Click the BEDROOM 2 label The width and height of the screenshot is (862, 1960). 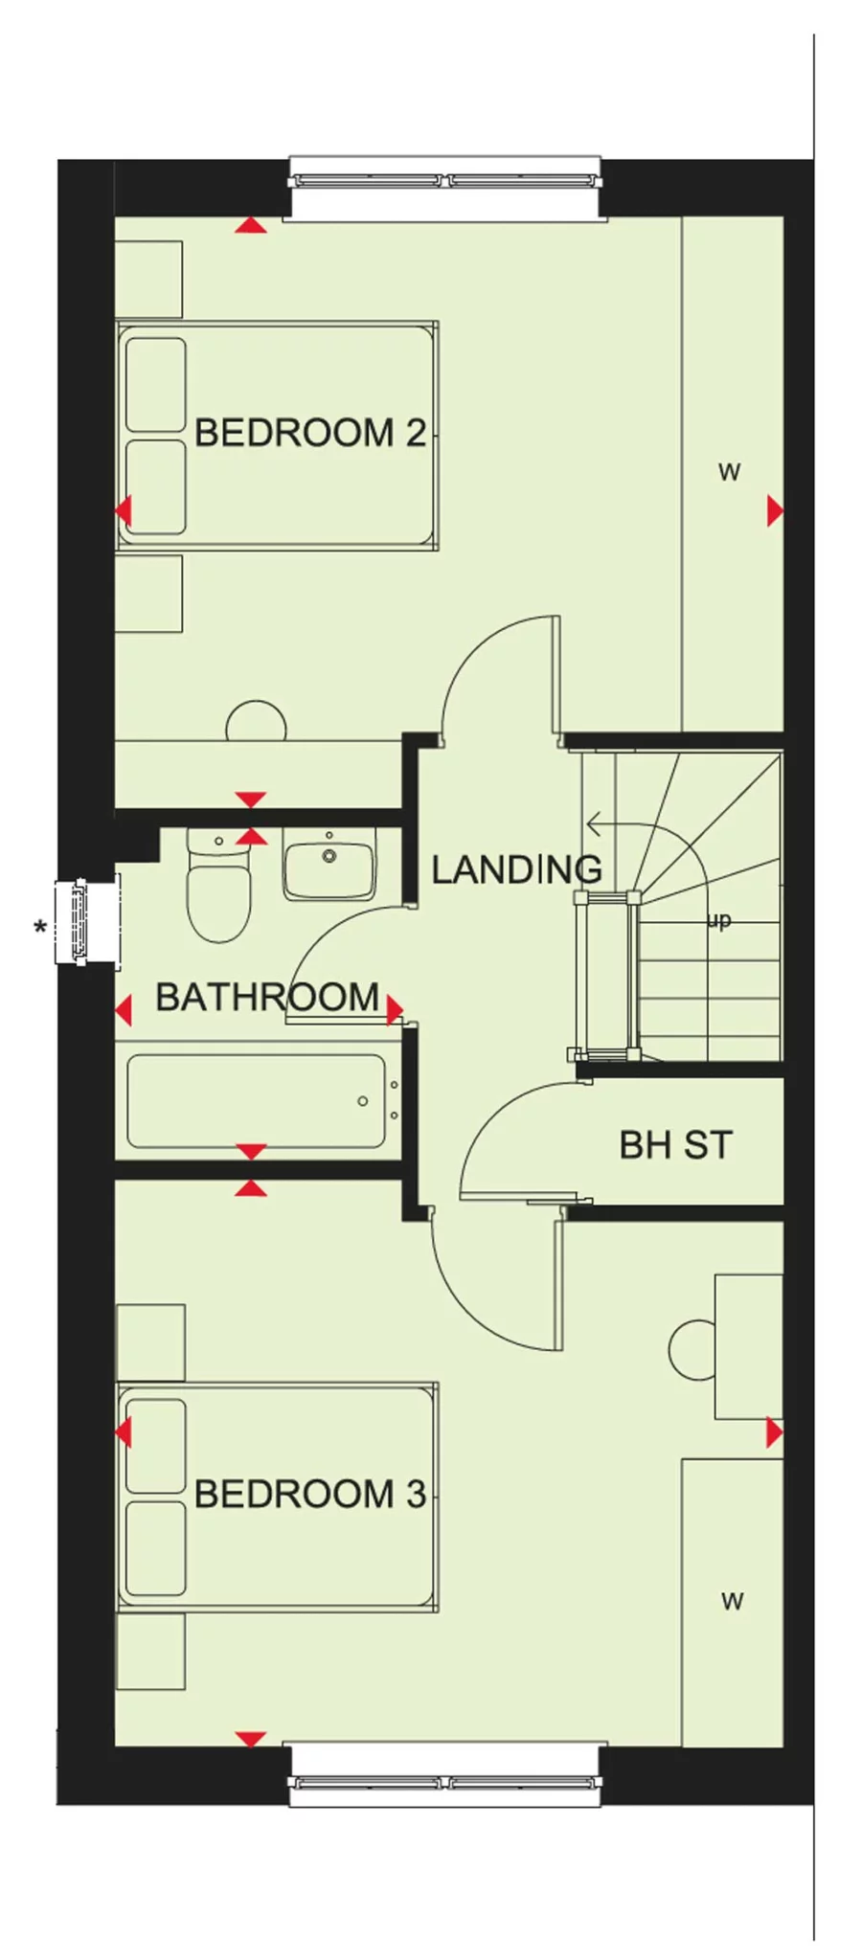pos(308,433)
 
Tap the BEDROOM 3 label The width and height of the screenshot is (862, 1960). pos(308,1494)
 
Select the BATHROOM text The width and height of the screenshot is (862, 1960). pos(266,998)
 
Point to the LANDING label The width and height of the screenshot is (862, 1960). pos(515,869)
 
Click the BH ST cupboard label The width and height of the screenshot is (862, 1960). pos(675,1145)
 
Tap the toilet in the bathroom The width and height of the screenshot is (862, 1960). pos(218,895)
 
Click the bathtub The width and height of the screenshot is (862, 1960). pos(257,1101)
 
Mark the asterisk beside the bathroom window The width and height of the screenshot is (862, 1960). pos(39,928)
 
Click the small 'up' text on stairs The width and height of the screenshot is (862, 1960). pos(718,920)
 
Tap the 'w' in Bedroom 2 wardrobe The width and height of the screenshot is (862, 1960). pos(729,471)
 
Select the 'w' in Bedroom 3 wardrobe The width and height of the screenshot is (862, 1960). pos(732,1600)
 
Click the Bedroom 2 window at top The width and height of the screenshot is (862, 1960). pos(445,181)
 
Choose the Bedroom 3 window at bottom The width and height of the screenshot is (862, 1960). pos(445,1783)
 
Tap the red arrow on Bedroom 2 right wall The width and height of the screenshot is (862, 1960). pos(774,511)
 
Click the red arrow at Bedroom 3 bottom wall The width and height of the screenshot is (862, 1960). pos(250,1738)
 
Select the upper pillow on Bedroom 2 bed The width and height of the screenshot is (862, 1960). pos(155,383)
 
